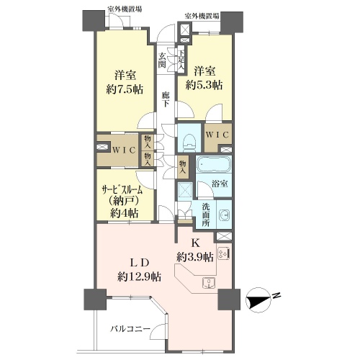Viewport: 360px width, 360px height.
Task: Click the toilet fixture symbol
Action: point(189,143)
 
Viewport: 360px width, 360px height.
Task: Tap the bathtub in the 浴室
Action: point(214,165)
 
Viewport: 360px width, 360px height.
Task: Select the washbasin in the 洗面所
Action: point(225,215)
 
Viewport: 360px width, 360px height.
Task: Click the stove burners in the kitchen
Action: point(224,254)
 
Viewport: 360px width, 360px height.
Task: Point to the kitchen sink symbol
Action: point(209,283)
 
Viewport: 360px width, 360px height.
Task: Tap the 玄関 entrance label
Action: point(162,60)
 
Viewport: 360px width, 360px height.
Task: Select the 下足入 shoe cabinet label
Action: point(181,60)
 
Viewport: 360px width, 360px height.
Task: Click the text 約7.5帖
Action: point(125,90)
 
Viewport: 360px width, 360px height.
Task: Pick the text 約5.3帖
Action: point(204,85)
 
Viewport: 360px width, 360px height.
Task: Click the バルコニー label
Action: point(130,328)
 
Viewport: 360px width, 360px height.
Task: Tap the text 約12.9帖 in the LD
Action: point(139,277)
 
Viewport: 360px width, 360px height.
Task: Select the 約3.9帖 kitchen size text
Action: point(195,258)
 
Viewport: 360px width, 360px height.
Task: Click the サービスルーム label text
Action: point(122,191)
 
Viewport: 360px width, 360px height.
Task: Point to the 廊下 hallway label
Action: point(165,99)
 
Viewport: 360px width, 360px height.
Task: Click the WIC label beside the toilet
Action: point(217,135)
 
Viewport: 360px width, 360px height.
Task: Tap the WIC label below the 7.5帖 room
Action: point(124,150)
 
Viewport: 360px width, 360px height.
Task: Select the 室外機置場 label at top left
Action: point(125,9)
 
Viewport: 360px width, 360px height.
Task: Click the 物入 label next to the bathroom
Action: point(183,167)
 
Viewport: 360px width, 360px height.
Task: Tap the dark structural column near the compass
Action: point(229,300)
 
